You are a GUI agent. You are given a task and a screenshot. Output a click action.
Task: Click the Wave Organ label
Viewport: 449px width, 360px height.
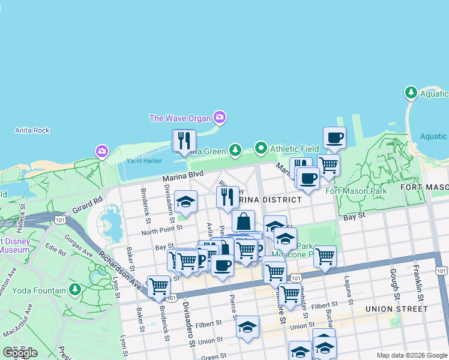pyautogui.click(x=180, y=118)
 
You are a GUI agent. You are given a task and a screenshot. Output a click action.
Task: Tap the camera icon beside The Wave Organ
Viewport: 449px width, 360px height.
pyautogui.click(x=220, y=118)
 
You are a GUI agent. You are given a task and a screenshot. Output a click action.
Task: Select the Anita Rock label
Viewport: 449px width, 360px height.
pyautogui.click(x=32, y=130)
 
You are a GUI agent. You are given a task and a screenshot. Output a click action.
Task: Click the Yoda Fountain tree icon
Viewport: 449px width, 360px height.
pyautogui.click(x=75, y=290)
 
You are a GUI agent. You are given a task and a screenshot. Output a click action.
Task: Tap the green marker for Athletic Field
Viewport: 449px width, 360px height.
pyautogui.click(x=261, y=147)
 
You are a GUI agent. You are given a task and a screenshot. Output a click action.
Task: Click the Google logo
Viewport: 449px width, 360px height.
pyautogui.click(x=20, y=353)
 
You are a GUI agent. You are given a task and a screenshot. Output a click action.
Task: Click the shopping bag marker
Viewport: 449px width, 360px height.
pyautogui.click(x=244, y=221)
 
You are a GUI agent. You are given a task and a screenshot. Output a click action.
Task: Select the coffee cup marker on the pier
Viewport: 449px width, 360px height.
pyautogui.click(x=334, y=138)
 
